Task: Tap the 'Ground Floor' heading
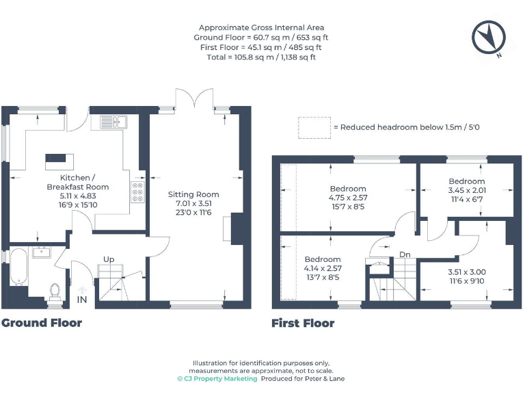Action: (42, 323)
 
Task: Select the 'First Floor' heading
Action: (303, 323)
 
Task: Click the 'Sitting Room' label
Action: (193, 194)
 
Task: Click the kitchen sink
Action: (114, 122)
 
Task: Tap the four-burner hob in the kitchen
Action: (137, 192)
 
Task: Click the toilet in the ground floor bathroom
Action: (54, 290)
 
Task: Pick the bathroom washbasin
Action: (41, 252)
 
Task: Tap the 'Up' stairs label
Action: (108, 259)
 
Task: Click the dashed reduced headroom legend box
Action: (314, 127)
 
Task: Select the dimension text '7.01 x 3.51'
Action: (193, 203)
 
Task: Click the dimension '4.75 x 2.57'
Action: (347, 198)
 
